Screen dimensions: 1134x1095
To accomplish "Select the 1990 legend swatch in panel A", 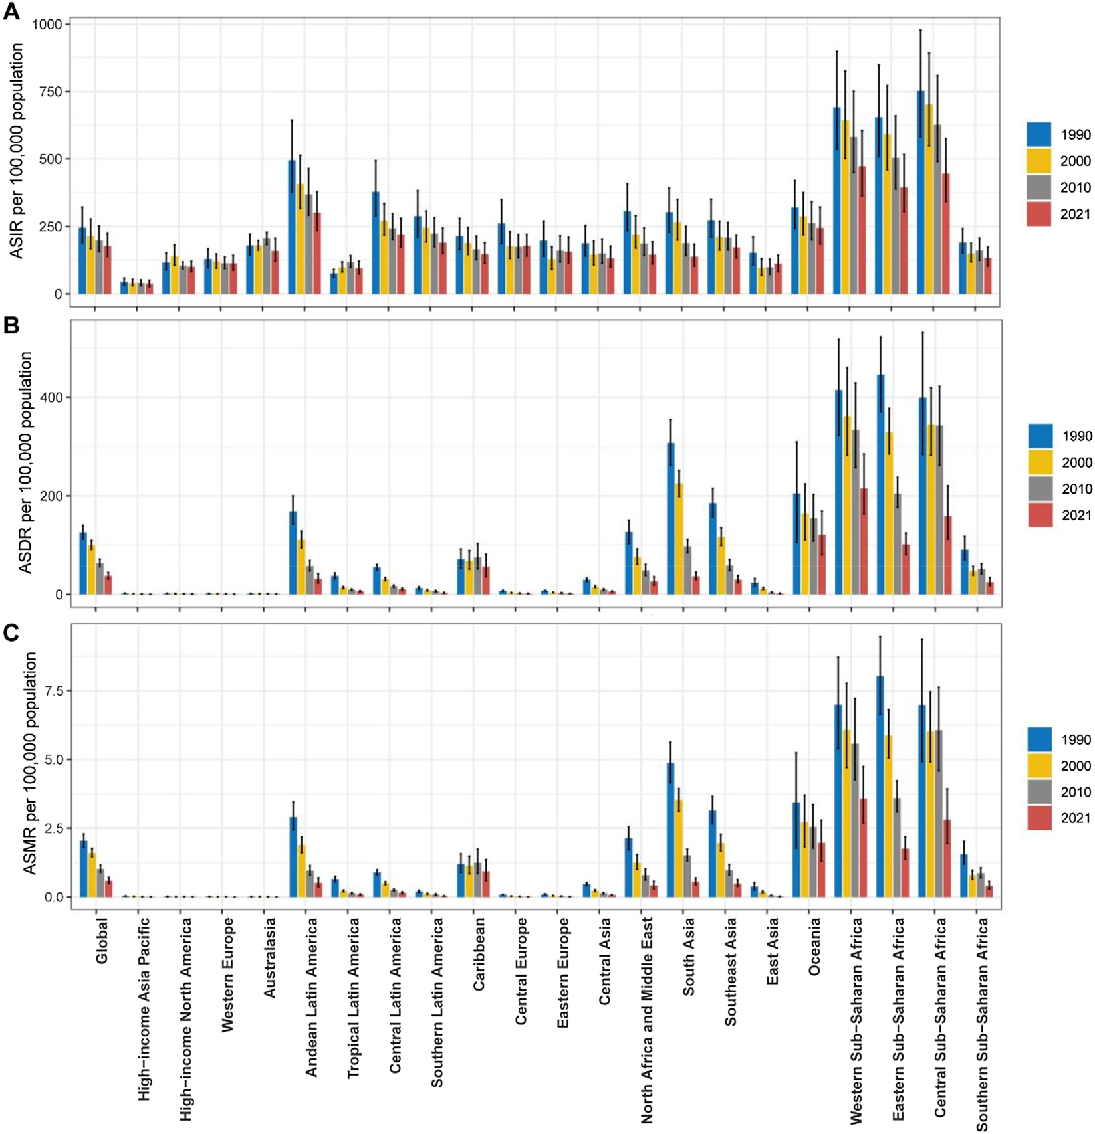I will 1038,134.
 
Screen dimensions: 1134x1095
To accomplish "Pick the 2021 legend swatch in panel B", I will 1040,515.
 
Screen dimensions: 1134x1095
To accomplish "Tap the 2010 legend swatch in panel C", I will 1039,792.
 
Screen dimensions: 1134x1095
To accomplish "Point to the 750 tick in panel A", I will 51,92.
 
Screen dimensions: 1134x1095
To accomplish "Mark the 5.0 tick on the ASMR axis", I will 54,759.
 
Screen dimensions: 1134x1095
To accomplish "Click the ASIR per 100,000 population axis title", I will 16,151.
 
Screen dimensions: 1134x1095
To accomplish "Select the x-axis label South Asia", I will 689,957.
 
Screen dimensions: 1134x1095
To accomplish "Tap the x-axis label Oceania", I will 814,947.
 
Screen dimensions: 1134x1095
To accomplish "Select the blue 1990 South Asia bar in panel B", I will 671,518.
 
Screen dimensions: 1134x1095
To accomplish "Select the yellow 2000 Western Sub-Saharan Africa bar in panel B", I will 847,505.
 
